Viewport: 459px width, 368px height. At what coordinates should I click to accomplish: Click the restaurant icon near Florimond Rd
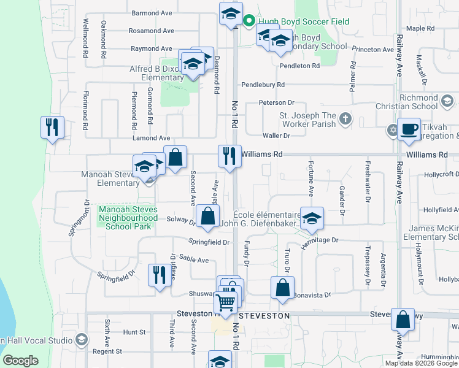[x=52, y=128]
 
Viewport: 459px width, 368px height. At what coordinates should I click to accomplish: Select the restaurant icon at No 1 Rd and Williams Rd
[x=229, y=156]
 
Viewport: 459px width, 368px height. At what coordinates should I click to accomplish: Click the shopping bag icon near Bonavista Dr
[x=282, y=288]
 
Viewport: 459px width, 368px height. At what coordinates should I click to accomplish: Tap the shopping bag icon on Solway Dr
[x=209, y=217]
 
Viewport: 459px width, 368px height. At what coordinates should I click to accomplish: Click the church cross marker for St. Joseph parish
[x=345, y=118]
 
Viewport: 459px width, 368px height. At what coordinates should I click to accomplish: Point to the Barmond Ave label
[x=152, y=13]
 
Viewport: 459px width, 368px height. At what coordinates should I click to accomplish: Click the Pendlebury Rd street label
[x=263, y=85]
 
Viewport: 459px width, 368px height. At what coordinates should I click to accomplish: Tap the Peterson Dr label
[x=276, y=102]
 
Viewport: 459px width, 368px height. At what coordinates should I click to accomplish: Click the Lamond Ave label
[x=151, y=139]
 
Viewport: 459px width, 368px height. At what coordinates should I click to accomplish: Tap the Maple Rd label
[x=420, y=28]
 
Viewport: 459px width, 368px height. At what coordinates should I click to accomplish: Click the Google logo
[x=21, y=361]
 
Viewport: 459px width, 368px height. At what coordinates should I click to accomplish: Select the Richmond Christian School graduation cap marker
[x=447, y=100]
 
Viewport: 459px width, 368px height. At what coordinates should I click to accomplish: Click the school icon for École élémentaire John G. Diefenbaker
[x=312, y=219]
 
